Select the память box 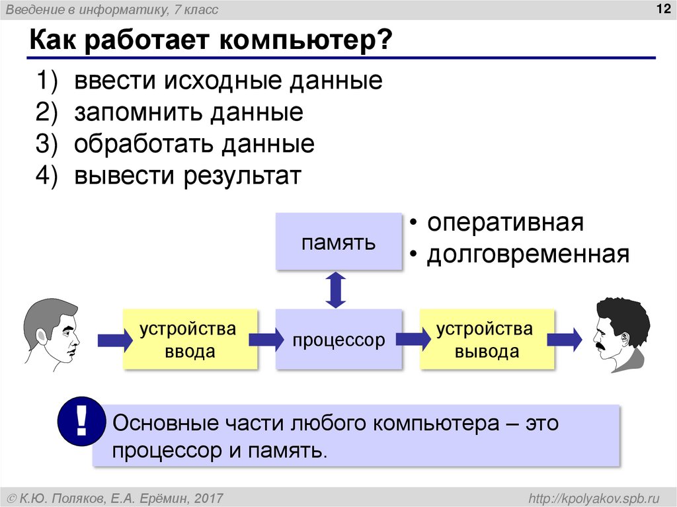pyautogui.click(x=338, y=241)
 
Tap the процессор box pyautogui.click(x=338, y=340)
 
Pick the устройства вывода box pyautogui.click(x=487, y=340)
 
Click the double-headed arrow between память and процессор pyautogui.click(x=337, y=290)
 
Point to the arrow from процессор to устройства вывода pyautogui.click(x=411, y=340)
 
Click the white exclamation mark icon pyautogui.click(x=82, y=422)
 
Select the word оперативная pyautogui.click(x=505, y=223)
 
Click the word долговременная pyautogui.click(x=528, y=254)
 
